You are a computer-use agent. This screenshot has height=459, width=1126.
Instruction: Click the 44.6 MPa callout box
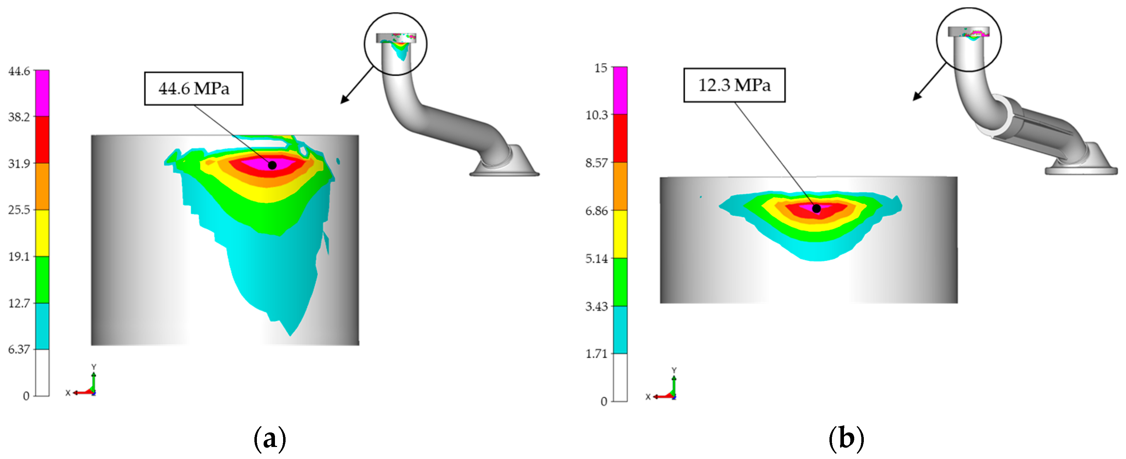tap(194, 89)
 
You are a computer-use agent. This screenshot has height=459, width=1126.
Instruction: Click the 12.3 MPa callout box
tap(734, 85)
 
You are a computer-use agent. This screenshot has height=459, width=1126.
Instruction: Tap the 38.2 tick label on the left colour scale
tap(19, 117)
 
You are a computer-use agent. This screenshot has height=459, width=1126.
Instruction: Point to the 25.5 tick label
tap(19, 210)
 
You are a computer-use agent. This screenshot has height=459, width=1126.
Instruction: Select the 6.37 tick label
tap(19, 349)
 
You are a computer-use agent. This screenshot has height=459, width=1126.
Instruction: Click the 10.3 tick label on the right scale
tap(597, 115)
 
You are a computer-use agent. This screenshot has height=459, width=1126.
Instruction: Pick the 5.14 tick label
tap(597, 259)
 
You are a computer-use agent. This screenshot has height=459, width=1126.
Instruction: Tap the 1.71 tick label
tap(597, 354)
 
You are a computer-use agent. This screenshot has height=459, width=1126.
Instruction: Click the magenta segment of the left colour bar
tap(42, 93)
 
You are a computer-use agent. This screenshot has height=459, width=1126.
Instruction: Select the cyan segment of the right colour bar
tap(620, 330)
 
